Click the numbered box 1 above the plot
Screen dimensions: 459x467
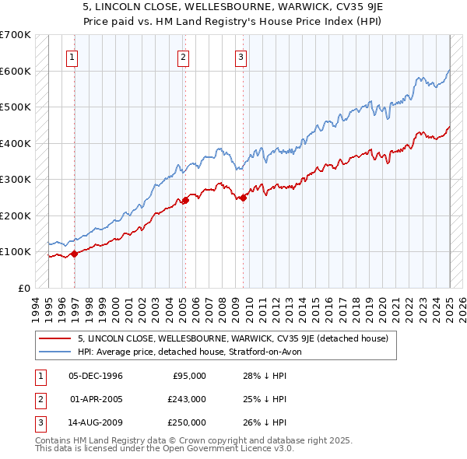[x=72, y=56]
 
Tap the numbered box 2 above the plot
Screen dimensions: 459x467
[x=183, y=56]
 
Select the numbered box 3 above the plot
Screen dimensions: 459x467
[x=241, y=56]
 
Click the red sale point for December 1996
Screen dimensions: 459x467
[x=75, y=254]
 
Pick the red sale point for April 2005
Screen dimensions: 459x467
[x=185, y=200]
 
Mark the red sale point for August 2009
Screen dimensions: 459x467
[x=244, y=198]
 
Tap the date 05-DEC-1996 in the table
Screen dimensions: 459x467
[x=96, y=376]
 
